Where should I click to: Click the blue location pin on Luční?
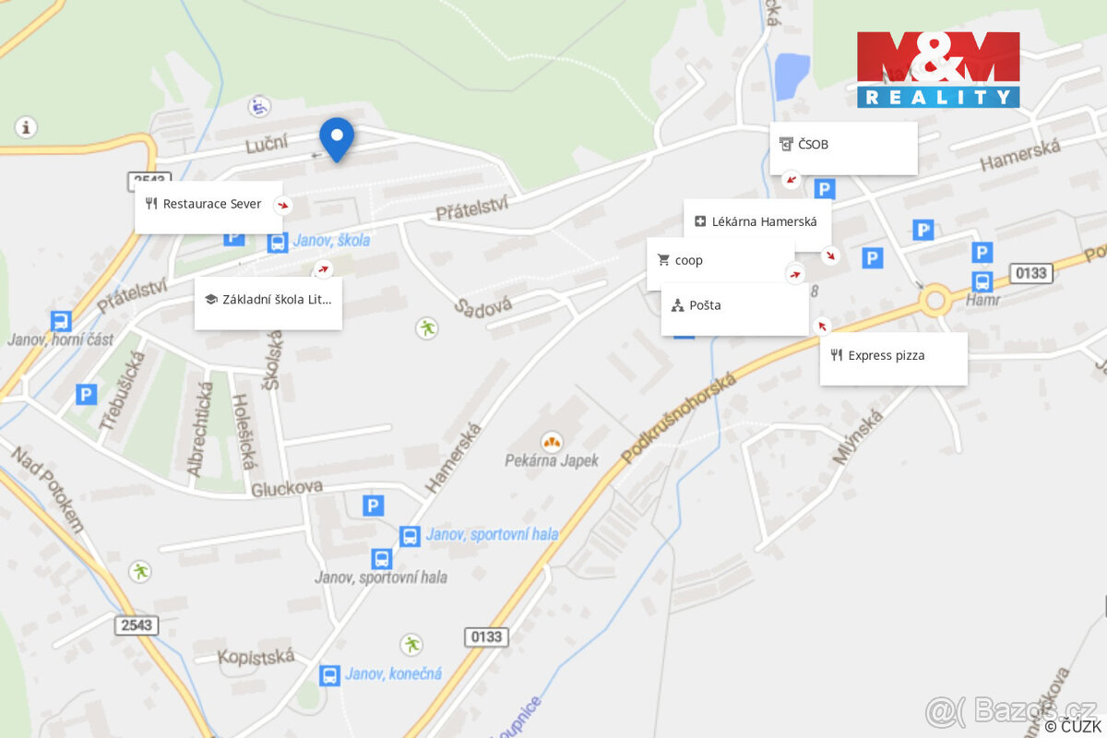(x=337, y=138)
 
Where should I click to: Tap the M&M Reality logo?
(x=938, y=69)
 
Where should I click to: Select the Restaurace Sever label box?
(x=208, y=205)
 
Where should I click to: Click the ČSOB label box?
(x=844, y=146)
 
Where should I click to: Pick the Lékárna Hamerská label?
(x=756, y=222)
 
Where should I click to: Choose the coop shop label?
(x=720, y=261)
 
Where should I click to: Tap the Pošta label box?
(x=734, y=306)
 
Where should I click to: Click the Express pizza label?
(x=893, y=356)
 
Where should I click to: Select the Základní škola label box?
(x=268, y=300)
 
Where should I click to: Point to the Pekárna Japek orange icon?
(x=552, y=441)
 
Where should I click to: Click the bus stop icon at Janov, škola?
(x=276, y=243)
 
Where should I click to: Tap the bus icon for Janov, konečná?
(x=329, y=675)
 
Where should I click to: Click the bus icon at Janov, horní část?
(x=61, y=322)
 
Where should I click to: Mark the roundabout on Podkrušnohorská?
(x=935, y=300)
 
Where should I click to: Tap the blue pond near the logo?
(x=792, y=76)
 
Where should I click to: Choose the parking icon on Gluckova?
(x=373, y=505)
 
